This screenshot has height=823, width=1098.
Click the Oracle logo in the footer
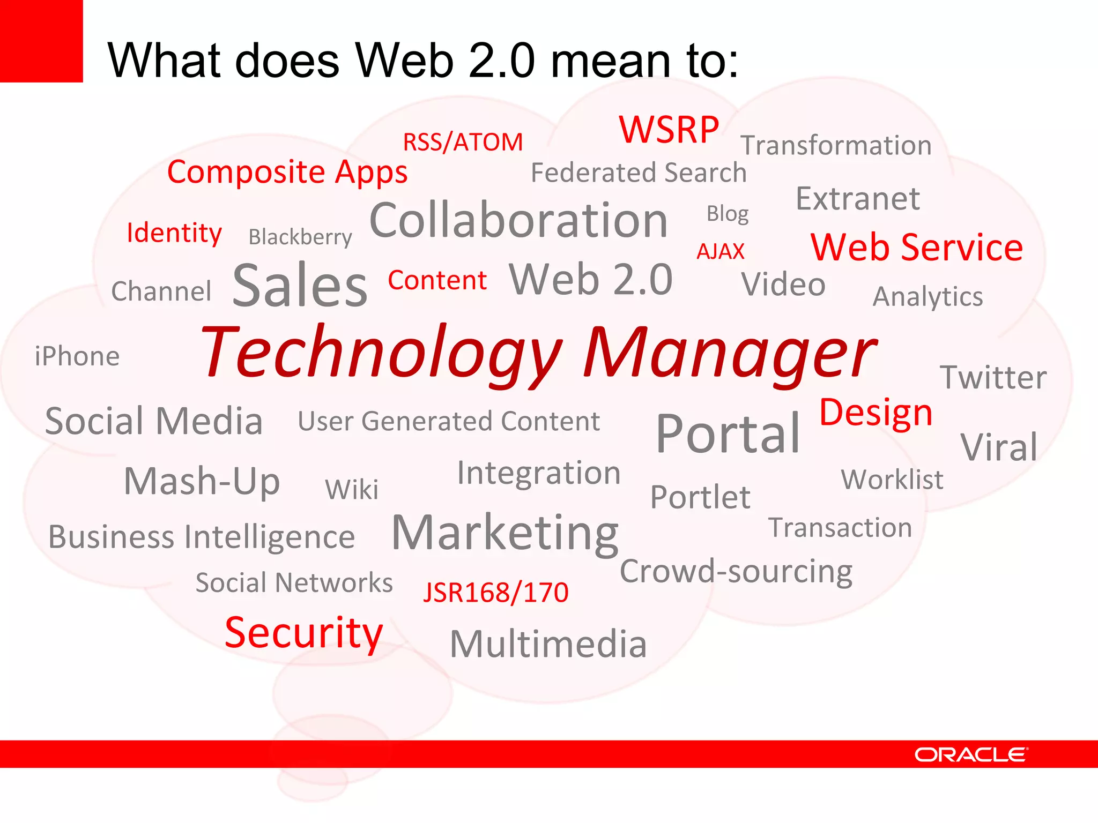(x=971, y=754)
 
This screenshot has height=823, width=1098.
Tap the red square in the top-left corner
(x=41, y=41)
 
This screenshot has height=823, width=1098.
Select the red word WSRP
(x=669, y=130)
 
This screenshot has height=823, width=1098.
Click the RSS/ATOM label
(x=463, y=142)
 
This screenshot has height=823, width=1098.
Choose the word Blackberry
(x=300, y=237)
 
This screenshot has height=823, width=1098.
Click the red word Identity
(x=174, y=233)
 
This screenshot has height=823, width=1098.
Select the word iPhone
(x=77, y=356)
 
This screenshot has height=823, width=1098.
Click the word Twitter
(x=993, y=377)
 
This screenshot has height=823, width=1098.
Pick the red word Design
(x=876, y=413)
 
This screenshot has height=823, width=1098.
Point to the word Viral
(x=999, y=447)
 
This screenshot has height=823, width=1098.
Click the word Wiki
(x=352, y=489)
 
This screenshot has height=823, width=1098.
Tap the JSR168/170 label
(x=495, y=593)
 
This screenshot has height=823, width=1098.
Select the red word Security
(x=303, y=633)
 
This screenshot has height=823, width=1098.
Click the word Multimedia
(x=548, y=644)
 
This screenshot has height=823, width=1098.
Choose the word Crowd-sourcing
(x=736, y=571)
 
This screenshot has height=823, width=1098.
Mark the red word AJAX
(x=720, y=251)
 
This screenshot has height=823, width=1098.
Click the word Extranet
(x=858, y=199)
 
